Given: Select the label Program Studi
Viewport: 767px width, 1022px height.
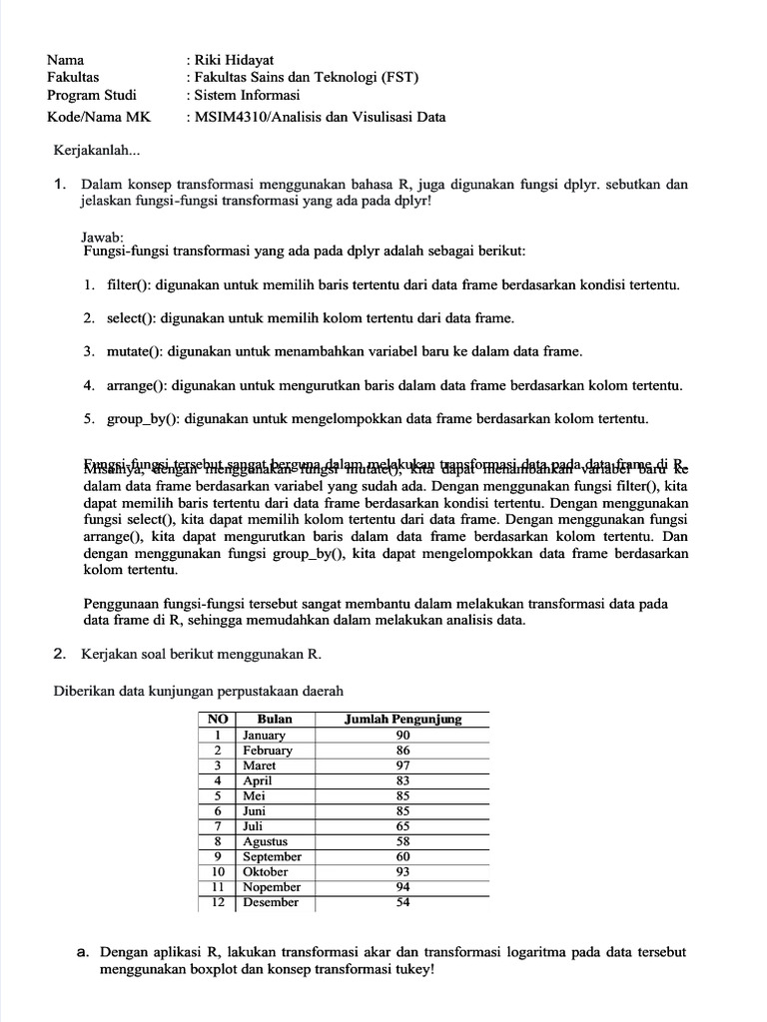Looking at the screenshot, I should pos(92,96).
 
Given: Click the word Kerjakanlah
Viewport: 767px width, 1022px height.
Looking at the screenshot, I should pos(97,152).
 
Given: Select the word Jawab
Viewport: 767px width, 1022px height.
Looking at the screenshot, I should pos(102,238).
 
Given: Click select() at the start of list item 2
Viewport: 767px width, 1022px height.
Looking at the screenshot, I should pos(132,318).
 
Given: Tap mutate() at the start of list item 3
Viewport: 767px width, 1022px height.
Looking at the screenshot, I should pos(135,351).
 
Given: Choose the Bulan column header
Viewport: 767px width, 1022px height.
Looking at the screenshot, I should pos(275,720).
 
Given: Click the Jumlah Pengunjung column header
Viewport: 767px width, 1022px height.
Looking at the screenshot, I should pos(402,720).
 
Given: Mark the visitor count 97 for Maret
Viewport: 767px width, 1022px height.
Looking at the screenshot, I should pos(402,766).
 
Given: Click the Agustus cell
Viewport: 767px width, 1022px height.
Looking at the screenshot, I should pos(265,841).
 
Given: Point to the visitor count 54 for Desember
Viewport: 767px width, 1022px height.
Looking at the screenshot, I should pos(402,902).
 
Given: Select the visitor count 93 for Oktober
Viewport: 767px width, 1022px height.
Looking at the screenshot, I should pos(402,871).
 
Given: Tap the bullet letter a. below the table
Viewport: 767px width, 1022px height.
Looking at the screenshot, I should pos(83,952).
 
